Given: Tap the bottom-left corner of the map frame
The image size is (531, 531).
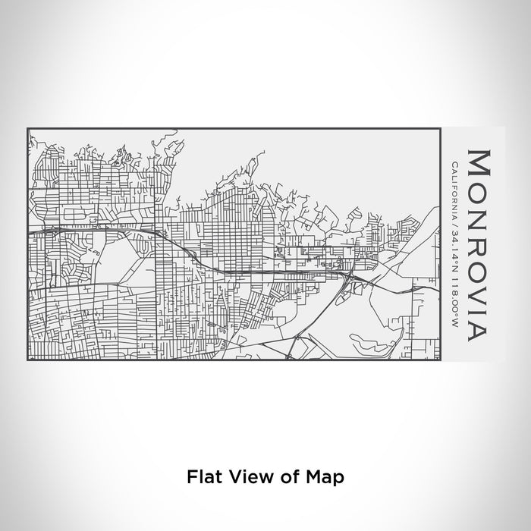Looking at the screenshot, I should point(28,360).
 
